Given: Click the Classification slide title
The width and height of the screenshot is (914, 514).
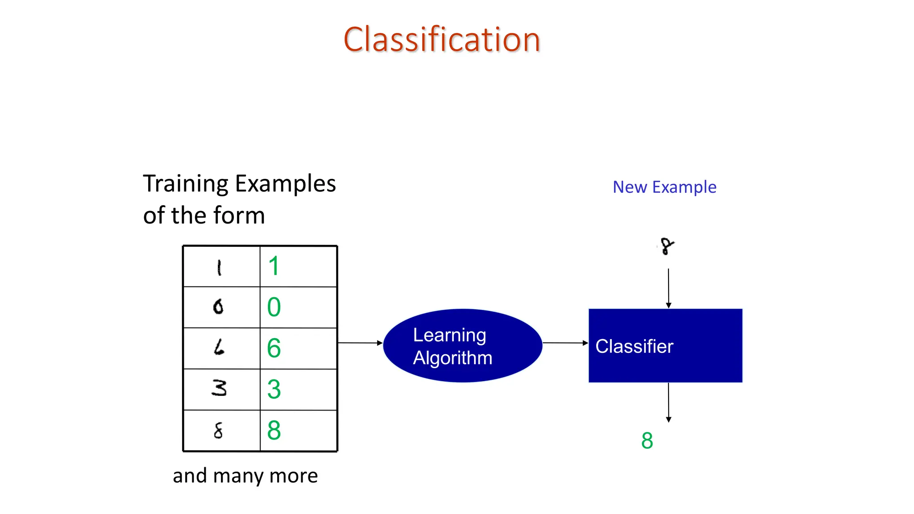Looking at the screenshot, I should [442, 40].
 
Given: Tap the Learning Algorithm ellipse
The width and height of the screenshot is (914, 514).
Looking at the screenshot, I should [462, 346].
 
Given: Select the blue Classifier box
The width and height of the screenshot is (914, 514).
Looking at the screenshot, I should [665, 346].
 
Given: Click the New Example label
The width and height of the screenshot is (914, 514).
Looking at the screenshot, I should [664, 187].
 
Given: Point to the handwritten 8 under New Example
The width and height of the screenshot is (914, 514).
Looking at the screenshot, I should [667, 246].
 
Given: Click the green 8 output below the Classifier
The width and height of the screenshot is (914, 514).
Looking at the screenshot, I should [647, 440].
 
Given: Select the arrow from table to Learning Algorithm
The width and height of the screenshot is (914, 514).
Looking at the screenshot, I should [360, 343].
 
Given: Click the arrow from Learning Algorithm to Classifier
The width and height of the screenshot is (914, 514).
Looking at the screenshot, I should [565, 343].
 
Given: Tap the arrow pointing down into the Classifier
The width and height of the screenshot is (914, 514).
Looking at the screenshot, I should [668, 288].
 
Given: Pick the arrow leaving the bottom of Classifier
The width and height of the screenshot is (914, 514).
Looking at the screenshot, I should [668, 402].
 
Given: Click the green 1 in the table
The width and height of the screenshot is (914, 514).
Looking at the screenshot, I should [274, 266].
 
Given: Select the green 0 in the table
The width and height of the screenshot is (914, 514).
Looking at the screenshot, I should [274, 307].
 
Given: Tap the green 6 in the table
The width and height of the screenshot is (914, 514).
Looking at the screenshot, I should [274, 348].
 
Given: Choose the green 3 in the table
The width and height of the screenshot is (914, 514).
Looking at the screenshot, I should [274, 390].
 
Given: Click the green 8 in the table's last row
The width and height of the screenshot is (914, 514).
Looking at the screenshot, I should [274, 431].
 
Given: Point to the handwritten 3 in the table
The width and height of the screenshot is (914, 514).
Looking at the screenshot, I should [219, 388].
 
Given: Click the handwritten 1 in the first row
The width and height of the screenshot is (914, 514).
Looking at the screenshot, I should [219, 268].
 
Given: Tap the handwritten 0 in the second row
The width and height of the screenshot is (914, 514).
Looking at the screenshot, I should [218, 307].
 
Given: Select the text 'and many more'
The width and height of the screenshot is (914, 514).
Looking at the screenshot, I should [245, 476].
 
